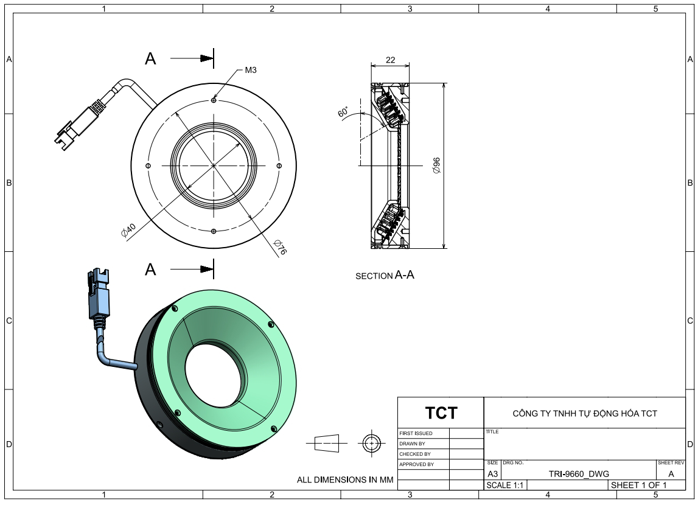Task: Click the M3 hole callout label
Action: [x=251, y=70]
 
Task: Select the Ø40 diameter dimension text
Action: [x=128, y=231]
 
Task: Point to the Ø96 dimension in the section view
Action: [x=436, y=166]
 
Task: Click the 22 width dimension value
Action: [x=390, y=60]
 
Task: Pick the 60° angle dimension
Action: [x=343, y=112]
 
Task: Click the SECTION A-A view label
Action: [x=385, y=276]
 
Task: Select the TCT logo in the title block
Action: [x=441, y=413]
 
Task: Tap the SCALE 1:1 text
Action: [x=505, y=486]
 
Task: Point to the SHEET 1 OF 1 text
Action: [x=638, y=486]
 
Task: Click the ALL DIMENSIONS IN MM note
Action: [x=345, y=480]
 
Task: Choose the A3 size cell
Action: [x=492, y=473]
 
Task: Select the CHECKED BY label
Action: [x=415, y=454]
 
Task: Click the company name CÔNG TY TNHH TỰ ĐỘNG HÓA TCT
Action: [x=585, y=414]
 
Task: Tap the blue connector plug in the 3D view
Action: [x=99, y=298]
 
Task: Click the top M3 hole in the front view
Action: [x=214, y=100]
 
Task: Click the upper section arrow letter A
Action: [x=151, y=58]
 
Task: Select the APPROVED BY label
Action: [x=416, y=464]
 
